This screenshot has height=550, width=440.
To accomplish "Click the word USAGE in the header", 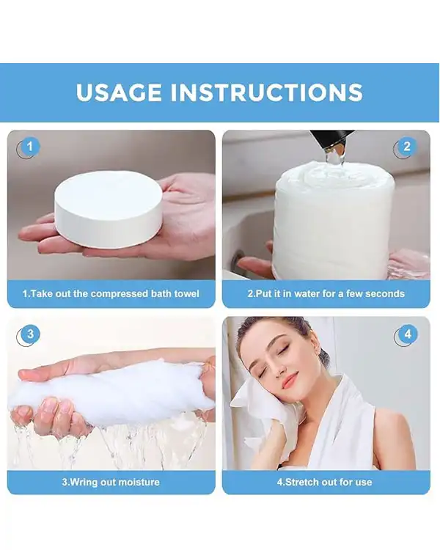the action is coord(119,92).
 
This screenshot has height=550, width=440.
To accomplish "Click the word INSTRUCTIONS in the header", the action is coord(267,92).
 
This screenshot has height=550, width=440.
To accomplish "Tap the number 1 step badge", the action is coord(29,147).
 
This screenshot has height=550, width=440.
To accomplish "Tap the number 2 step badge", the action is coord(407,147).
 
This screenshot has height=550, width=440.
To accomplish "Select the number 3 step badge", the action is coord(30,334).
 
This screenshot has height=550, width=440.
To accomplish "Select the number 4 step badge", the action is coord(408,334).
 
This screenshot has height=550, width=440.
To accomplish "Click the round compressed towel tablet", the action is coord(109,210).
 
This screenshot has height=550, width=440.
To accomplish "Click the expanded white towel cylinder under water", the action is coord(334,220).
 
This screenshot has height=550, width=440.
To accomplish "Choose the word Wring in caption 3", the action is coord(84,483).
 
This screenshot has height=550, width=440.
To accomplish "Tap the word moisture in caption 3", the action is coord(139,483).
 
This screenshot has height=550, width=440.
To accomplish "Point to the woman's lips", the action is coord(290,381).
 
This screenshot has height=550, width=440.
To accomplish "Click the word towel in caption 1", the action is coord(186,293).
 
